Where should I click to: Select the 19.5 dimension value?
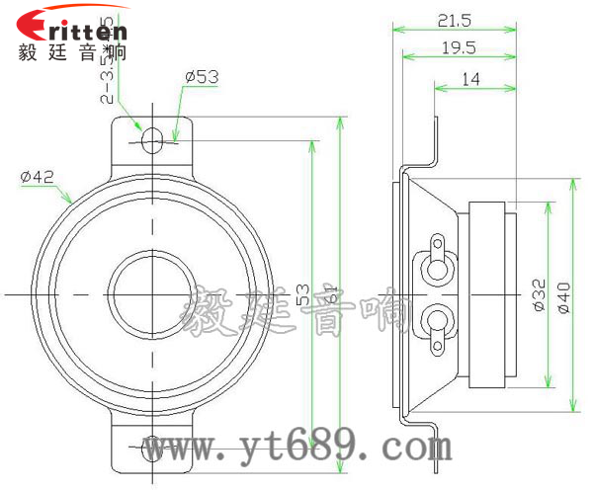(x=458, y=47)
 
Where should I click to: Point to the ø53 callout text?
(x=201, y=76)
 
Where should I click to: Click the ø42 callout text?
(x=37, y=176)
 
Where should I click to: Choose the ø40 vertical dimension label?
(x=564, y=295)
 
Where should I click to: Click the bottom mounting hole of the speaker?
(x=151, y=449)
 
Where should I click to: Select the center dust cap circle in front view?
(x=151, y=293)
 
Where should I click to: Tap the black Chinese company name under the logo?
(x=72, y=52)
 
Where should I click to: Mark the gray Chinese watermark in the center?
(x=296, y=310)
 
